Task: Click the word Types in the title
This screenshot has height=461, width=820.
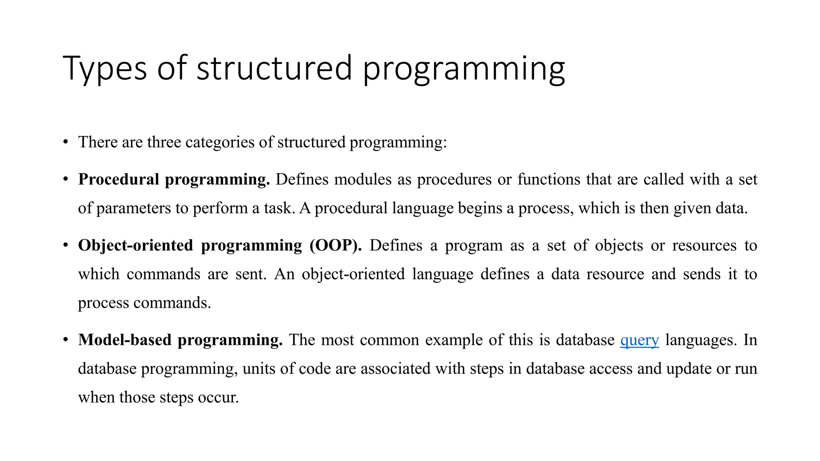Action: [105, 69]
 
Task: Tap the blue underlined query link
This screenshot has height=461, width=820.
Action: [639, 340]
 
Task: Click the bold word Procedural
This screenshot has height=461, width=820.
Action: [119, 179]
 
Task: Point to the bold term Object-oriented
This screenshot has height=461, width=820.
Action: [135, 245]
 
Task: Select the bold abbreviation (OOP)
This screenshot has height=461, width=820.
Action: [336, 245]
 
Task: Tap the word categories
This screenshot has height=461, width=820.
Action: [220, 142]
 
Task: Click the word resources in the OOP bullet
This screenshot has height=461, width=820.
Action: [704, 245]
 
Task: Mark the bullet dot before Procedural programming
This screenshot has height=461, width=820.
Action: [66, 179]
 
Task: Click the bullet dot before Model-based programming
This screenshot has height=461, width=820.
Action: [66, 340]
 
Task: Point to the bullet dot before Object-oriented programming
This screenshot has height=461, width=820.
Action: [66, 245]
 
